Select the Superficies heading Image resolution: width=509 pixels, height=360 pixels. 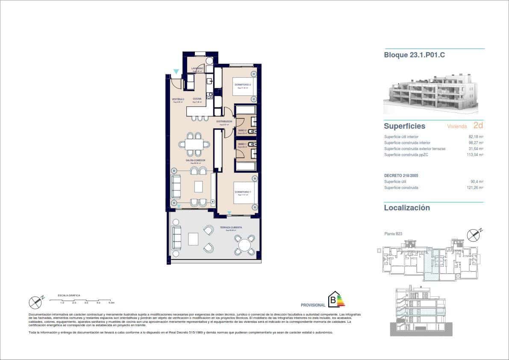tap(404, 126)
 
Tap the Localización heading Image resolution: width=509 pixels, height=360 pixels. tap(406, 208)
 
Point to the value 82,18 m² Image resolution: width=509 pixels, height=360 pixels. tap(475, 137)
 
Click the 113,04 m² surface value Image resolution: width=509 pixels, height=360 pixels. tap(474, 155)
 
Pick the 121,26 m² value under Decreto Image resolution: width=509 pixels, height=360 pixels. tap(474, 188)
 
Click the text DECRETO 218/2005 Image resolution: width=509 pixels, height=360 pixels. tap(401, 176)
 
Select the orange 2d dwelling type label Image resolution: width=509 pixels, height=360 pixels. tap(478, 126)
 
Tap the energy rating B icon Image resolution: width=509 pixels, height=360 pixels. tap(336, 300)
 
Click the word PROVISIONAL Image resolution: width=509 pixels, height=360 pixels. tap(313, 305)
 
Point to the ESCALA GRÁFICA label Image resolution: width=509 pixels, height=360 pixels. tap(69, 295)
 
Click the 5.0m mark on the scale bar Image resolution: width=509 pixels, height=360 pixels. tap(111, 303)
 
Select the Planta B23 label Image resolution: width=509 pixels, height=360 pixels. tap(393, 234)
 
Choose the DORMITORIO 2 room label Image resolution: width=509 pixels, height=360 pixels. tap(242, 85)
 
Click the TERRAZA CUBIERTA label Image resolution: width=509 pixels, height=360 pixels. tap(231, 227)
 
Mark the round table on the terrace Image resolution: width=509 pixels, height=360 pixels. tap(244, 245)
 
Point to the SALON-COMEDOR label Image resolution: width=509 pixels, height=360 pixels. tap(195, 160)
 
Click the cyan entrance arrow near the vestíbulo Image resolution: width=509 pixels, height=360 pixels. tap(176, 72)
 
